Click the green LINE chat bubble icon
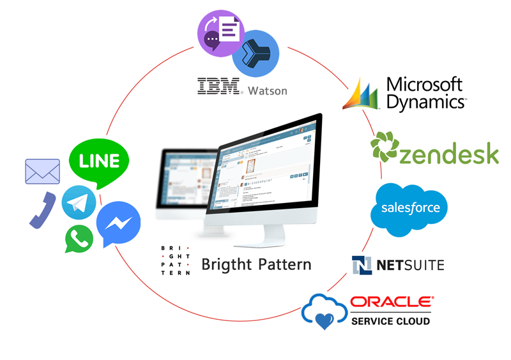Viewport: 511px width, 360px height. [98, 160]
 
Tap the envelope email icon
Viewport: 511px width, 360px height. [42, 171]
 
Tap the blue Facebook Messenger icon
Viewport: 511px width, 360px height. [119, 221]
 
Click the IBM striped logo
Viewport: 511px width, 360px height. [218, 87]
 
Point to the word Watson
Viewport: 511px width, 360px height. [268, 90]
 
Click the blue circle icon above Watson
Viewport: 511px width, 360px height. [255, 54]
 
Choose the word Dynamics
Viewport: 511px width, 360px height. [426, 100]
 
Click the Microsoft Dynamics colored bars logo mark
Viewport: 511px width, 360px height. [362, 94]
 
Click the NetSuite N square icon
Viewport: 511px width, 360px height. [362, 265]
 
